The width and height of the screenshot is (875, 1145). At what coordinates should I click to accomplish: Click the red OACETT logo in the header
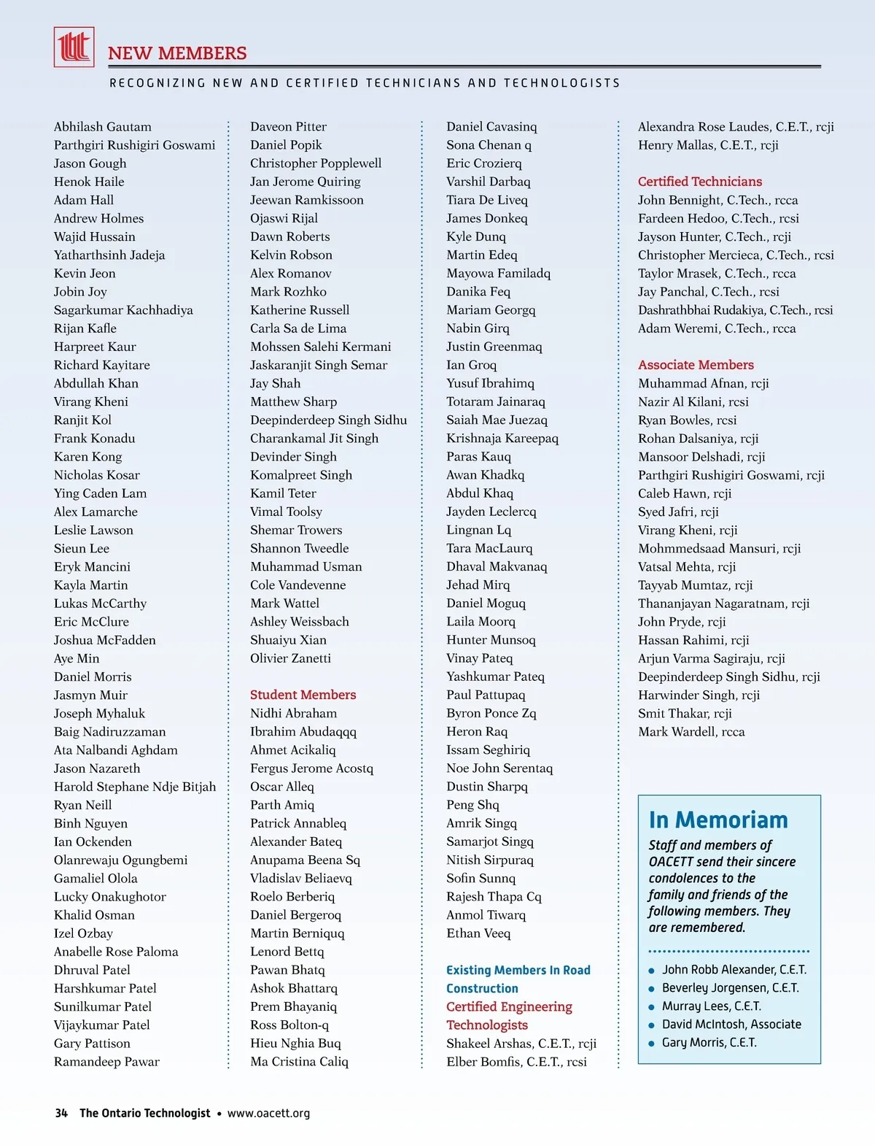click(x=74, y=47)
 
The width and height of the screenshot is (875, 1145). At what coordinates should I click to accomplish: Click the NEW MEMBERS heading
click(x=177, y=53)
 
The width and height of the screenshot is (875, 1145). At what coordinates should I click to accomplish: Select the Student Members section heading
click(x=303, y=695)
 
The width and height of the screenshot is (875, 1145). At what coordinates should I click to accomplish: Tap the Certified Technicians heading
click(x=699, y=182)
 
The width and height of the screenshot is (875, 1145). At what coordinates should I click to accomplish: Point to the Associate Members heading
click(x=696, y=365)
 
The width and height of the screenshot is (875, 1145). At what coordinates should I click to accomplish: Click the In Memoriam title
click(x=717, y=820)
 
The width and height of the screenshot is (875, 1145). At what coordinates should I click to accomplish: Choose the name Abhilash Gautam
click(x=103, y=127)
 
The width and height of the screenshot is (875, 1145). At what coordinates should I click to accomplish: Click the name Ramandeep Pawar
click(x=106, y=1062)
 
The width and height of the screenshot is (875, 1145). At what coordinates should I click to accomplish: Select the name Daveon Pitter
click(x=288, y=127)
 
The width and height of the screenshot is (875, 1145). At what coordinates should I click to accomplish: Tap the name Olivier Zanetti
click(x=290, y=658)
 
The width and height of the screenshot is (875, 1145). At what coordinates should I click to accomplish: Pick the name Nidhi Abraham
click(x=293, y=713)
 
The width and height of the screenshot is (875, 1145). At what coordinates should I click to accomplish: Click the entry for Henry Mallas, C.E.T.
click(x=707, y=145)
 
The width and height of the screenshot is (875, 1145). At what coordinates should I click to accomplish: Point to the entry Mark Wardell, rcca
click(x=691, y=732)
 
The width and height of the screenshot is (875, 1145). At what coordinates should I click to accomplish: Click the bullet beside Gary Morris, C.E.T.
click(x=651, y=1044)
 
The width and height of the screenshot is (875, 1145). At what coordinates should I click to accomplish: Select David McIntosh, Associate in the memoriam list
click(x=731, y=1025)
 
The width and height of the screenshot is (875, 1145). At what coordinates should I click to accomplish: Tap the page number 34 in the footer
click(x=61, y=1114)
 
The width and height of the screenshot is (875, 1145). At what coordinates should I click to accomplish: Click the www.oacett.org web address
click(x=268, y=1114)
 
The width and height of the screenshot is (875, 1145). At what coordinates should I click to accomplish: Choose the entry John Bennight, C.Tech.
click(x=717, y=200)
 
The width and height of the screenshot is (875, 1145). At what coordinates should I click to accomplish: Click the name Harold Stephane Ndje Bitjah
click(x=135, y=787)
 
